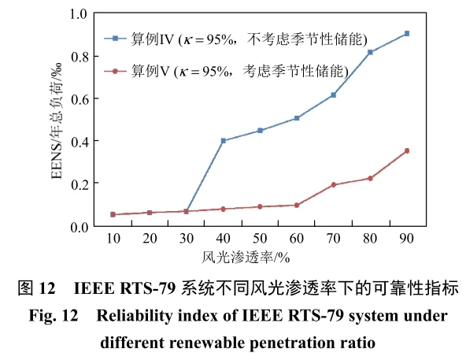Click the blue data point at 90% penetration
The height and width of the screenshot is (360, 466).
(406, 34)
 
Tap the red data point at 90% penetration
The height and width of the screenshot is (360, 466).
(406, 150)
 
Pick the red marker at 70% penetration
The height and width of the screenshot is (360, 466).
(334, 184)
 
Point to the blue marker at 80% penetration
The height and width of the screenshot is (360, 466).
(370, 52)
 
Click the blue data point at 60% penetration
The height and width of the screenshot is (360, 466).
(297, 118)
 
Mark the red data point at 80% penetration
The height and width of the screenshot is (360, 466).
(370, 178)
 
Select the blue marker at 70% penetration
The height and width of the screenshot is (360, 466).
(334, 95)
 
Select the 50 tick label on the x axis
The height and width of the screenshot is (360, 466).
(260, 239)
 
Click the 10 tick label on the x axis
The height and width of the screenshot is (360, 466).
(113, 239)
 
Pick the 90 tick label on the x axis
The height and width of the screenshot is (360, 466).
(406, 239)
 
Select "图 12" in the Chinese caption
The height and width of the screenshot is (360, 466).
(38, 288)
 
